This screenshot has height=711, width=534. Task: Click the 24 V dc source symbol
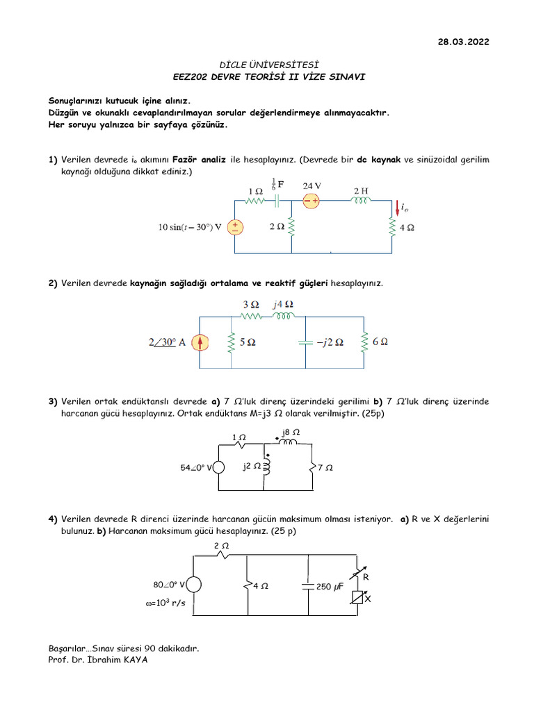[x=310, y=201]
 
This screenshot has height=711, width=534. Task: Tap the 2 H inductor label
[x=362, y=190]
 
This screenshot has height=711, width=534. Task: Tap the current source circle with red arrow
[x=200, y=342]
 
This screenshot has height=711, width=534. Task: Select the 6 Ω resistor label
[x=380, y=342]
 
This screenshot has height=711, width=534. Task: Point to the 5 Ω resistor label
[x=247, y=342]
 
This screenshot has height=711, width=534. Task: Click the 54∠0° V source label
[x=196, y=468]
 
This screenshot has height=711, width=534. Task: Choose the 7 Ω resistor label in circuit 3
[x=325, y=468]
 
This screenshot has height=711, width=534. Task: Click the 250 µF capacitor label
[x=330, y=586]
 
